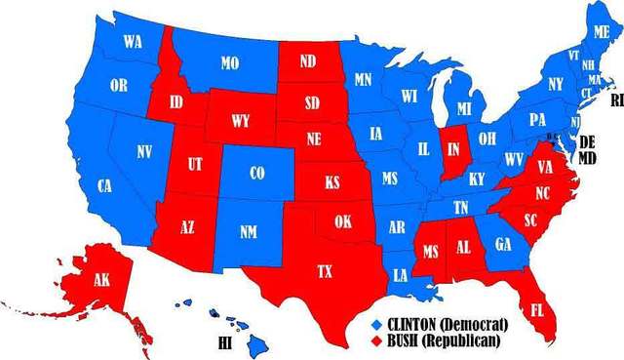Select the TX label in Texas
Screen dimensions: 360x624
point(325,272)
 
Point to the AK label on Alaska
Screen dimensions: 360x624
point(101,279)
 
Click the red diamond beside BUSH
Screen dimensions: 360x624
point(377,340)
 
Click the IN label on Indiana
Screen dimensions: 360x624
point(452,149)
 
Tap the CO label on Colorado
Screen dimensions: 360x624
point(256,174)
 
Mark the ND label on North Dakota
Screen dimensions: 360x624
point(308,60)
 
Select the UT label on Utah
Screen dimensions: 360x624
point(194,165)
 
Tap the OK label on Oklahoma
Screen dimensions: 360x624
point(342,221)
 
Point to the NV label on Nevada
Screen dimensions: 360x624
point(143,151)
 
